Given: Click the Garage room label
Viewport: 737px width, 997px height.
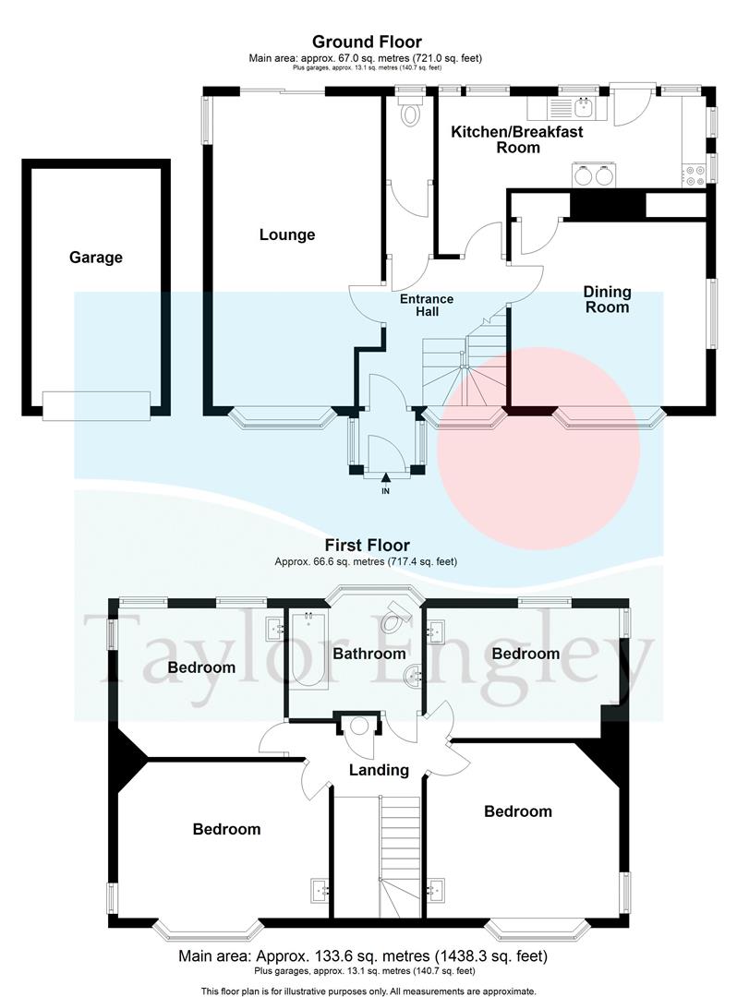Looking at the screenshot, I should pyautogui.click(x=95, y=258).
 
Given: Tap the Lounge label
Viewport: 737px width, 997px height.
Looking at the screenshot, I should pyautogui.click(x=286, y=234).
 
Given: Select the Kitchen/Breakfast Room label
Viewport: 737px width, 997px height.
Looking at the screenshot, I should pyautogui.click(x=516, y=139).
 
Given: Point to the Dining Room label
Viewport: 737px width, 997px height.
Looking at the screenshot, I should pyautogui.click(x=607, y=299).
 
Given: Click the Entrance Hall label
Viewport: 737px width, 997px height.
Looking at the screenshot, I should pyautogui.click(x=426, y=305).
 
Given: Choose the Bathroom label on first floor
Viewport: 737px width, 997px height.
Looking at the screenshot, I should pyautogui.click(x=369, y=654).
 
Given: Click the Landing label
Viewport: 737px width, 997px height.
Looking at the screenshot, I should pyautogui.click(x=379, y=770).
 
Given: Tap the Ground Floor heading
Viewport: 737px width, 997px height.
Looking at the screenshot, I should pyautogui.click(x=367, y=42).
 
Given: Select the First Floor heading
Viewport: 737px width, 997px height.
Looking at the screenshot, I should pyautogui.click(x=367, y=546).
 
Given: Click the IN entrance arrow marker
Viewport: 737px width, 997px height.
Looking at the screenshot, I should pyautogui.click(x=385, y=478).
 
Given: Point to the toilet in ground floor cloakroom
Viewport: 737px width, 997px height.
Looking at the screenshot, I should pyautogui.click(x=410, y=114).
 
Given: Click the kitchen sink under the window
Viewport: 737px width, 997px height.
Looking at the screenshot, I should pyautogui.click(x=583, y=109).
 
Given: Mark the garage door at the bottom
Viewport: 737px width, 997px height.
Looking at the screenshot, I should pyautogui.click(x=96, y=403).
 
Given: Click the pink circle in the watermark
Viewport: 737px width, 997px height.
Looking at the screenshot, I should pyautogui.click(x=538, y=450).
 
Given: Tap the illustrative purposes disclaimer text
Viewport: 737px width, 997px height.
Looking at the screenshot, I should pyautogui.click(x=368, y=991).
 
